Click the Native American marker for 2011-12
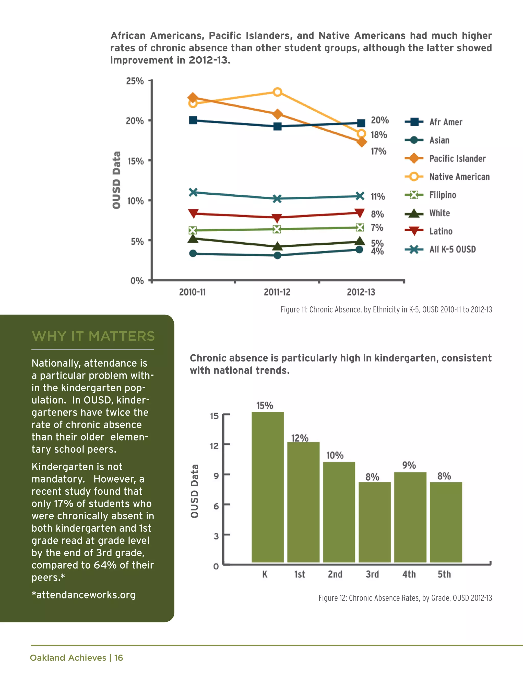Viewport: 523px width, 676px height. tap(277, 92)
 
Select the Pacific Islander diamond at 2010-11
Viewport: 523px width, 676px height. tap(193, 98)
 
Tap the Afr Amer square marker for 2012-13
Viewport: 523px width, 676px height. tap(361, 123)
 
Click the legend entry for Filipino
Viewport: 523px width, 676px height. tap(443, 195)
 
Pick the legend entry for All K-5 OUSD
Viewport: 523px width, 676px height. tap(452, 249)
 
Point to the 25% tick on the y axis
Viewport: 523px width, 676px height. tap(135, 81)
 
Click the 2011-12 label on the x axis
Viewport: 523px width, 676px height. tap(277, 292)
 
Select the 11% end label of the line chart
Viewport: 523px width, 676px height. tap(378, 196)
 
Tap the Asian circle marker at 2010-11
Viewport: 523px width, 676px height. tap(193, 254)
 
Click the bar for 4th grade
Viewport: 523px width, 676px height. tap(410, 517)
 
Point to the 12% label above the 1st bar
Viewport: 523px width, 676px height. tap(300, 438)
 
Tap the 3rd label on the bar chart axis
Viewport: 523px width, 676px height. tap(372, 574)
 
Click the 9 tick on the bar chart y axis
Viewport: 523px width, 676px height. tap(216, 476)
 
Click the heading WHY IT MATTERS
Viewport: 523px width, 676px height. tap(93, 336)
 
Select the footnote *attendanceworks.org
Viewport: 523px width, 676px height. tap(83, 595)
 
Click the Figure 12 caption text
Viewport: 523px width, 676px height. tap(405, 598)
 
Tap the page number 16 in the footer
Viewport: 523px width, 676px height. tap(118, 658)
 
